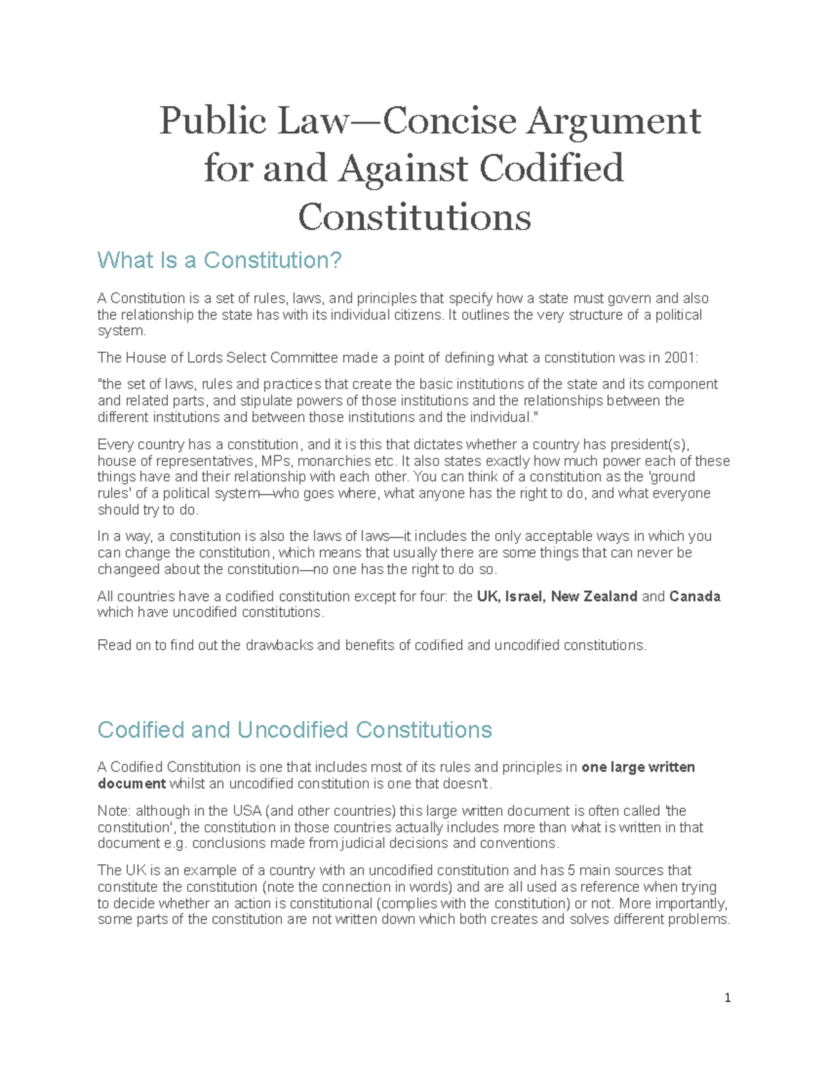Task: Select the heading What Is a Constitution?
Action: point(220,260)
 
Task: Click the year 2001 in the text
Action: point(679,358)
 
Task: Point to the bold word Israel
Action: point(525,596)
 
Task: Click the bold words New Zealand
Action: point(593,596)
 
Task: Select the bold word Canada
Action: point(694,596)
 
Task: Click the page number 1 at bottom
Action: point(727,997)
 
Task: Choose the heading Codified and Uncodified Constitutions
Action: point(294,730)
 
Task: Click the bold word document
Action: point(131,783)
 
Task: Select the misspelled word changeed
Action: point(128,569)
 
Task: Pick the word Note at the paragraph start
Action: point(113,810)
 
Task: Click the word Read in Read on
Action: point(113,645)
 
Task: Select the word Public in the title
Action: point(213,121)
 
